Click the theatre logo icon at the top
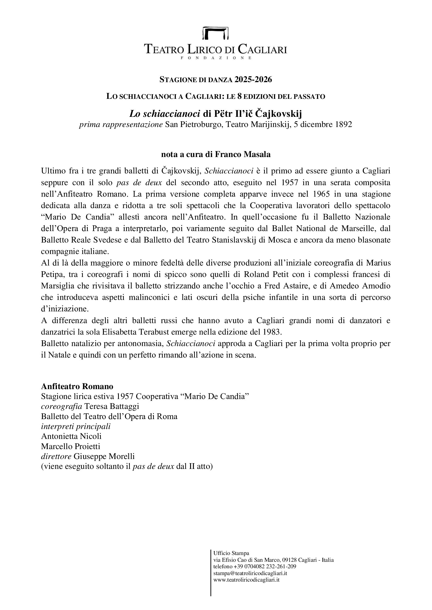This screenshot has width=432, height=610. coord(216,33)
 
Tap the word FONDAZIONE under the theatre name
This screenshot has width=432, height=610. coord(216,58)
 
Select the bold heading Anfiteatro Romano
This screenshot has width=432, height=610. coord(77,386)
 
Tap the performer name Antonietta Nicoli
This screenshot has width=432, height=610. coord(71,436)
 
